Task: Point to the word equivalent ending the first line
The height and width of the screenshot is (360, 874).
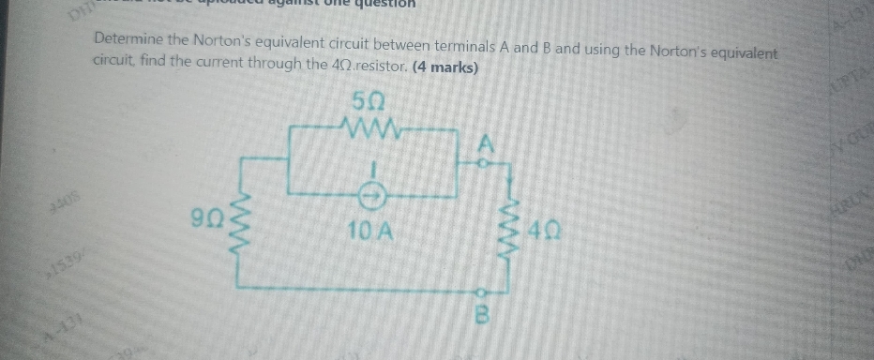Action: point(743,52)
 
